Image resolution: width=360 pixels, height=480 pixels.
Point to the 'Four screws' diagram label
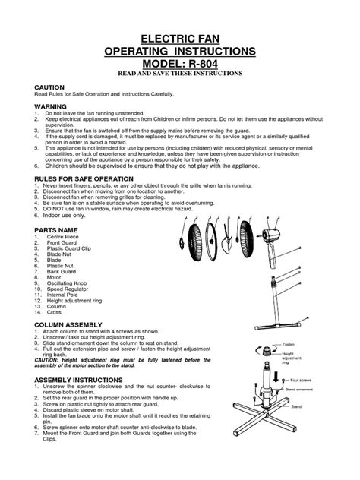[x=298, y=381]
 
